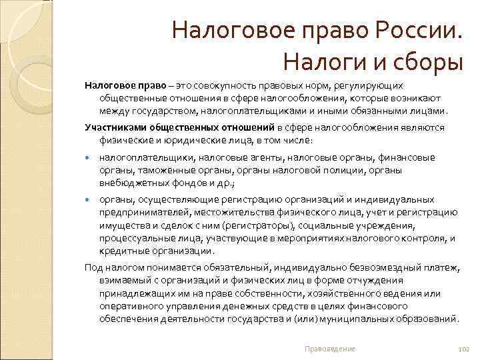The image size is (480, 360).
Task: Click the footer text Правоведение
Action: [x=329, y=349]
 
